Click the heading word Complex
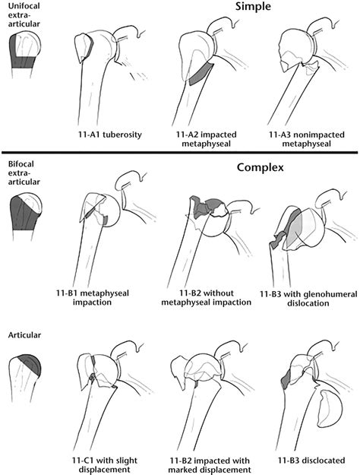pos(260,167)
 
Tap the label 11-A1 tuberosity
pos(110,135)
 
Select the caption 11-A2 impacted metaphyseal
pos(206,139)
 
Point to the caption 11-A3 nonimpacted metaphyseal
pos(307,139)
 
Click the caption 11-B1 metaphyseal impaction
pos(93,298)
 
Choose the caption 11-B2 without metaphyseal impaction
pos(206,298)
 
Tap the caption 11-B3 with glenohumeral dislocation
pos(308,299)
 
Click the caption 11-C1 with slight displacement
pos(105,465)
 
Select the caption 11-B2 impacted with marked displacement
pos(210,465)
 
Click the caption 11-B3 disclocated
pos(311,461)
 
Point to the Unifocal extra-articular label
pos(24,15)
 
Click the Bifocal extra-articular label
pos(24,173)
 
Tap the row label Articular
pos(24,335)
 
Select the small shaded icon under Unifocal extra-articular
pos(24,55)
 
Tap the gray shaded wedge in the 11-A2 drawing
pos(201,74)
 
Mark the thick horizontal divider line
pos(180,153)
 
